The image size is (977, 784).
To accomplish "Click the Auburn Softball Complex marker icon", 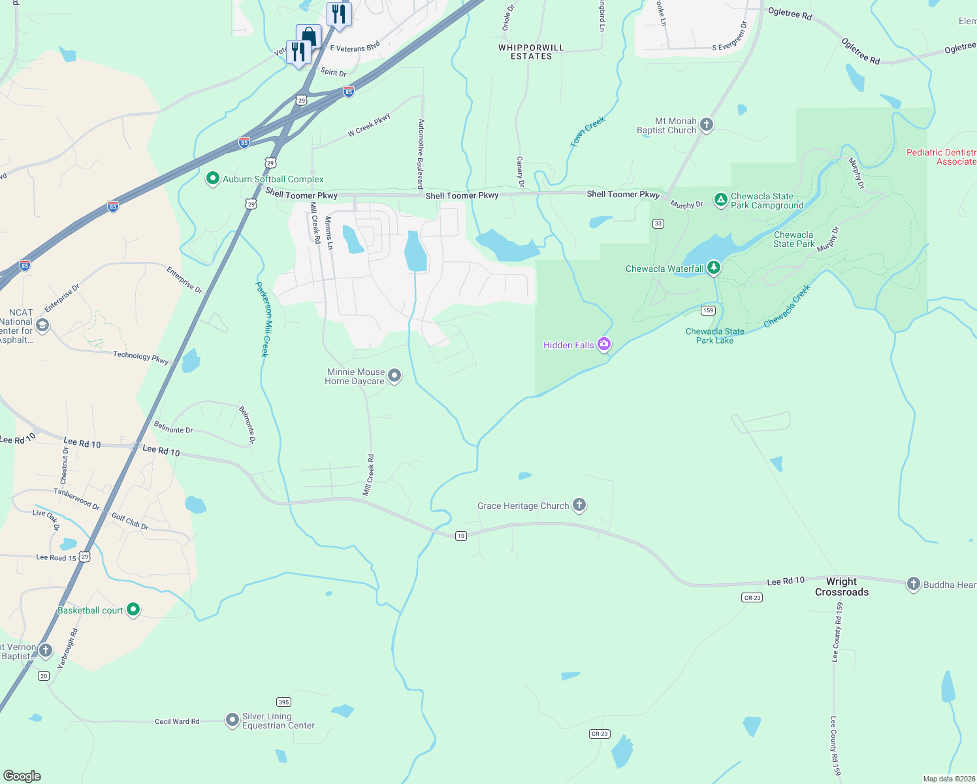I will tap(212, 178).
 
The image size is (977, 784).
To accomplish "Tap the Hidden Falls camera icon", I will tap(604, 344).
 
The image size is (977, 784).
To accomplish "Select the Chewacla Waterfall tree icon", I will tap(714, 267).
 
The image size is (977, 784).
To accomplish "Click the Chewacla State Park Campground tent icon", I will tap(720, 200).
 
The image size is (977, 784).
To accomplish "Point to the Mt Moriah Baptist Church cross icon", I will tap(706, 125).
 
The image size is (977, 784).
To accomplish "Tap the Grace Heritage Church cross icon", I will tap(579, 505).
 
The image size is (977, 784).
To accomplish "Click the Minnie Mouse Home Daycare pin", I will tap(394, 376).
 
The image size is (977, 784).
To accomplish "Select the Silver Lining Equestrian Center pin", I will tap(232, 720).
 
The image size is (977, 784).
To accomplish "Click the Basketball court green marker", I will tap(133, 610).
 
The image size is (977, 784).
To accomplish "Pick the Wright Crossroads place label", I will tap(841, 587).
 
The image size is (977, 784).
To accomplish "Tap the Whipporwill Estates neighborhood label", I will tap(531, 52).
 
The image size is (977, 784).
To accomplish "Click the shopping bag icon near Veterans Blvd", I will tap(308, 37).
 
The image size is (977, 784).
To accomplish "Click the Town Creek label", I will tap(588, 131).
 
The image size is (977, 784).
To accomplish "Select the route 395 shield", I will tap(283, 702).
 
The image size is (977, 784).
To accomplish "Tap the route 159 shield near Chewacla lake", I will tap(708, 310).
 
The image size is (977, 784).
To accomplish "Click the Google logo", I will tap(22, 776).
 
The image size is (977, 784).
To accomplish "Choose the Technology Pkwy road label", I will tap(140, 357).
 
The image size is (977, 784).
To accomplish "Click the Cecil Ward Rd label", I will tap(177, 721).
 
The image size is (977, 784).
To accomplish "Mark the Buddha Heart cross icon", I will tap(913, 584).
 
